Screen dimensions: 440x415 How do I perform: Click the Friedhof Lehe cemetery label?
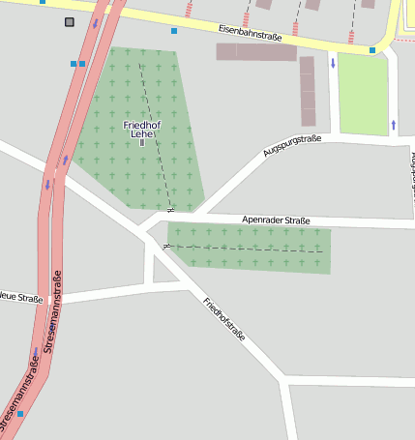[x=141, y=131]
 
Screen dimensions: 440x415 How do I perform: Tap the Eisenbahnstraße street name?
[x=250, y=35]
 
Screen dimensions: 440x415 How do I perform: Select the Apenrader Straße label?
[x=276, y=220]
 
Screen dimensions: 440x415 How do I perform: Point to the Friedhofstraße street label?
[x=224, y=319]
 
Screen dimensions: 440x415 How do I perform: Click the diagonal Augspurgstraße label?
[x=291, y=147]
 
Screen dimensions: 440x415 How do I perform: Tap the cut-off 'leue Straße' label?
[x=21, y=299]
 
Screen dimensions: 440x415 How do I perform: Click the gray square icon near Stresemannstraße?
[x=69, y=21]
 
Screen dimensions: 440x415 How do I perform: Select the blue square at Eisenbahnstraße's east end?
[x=372, y=50]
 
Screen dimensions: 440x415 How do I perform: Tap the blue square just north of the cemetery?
[x=174, y=31]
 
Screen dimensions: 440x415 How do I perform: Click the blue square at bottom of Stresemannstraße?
[x=20, y=413]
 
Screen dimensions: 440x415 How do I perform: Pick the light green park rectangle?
[x=363, y=93]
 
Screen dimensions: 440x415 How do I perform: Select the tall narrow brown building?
[x=307, y=91]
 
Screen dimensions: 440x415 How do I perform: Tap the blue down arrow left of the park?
[x=333, y=64]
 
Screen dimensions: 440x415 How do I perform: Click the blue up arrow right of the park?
[x=394, y=124]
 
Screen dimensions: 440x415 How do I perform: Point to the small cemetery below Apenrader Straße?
[x=249, y=248]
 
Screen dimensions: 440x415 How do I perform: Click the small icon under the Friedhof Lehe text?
[x=141, y=143]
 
